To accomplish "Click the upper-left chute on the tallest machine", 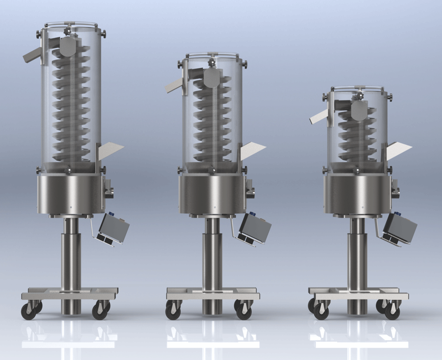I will [33, 55].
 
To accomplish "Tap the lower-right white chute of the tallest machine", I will [110, 150].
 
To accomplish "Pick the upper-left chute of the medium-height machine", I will [175, 85].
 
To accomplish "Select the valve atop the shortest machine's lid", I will [358, 94].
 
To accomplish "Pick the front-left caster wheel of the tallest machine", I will [29, 311].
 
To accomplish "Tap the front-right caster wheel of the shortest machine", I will [392, 312].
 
